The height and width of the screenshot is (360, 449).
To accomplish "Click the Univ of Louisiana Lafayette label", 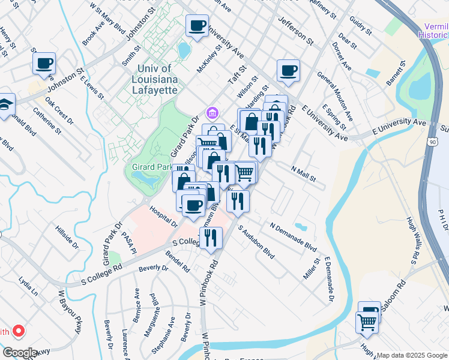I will (154, 79).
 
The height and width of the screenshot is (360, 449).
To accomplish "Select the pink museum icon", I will (212, 112).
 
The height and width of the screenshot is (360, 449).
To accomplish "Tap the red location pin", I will (19, 331).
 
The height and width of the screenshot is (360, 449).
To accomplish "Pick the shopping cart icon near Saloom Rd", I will (366, 322).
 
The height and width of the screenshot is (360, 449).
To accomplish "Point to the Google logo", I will (20, 353).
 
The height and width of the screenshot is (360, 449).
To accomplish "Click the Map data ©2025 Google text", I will (412, 355).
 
